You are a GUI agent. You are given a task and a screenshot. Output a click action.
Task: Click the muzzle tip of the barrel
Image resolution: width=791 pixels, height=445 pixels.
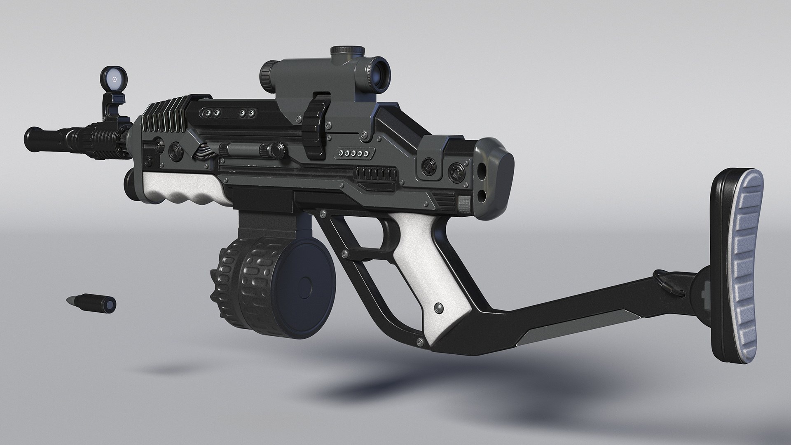pos(30,135)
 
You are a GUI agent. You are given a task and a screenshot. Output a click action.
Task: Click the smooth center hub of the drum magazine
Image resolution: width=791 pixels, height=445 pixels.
pos(306,285)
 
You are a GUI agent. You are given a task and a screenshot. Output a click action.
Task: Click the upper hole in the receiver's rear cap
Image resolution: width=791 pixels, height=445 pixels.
pos(481,170)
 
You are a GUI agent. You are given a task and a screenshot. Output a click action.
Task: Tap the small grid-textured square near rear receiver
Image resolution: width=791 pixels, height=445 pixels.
pos(463,202)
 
